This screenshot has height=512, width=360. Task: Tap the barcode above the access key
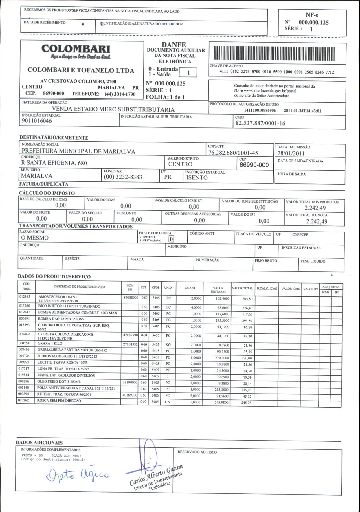(274, 54)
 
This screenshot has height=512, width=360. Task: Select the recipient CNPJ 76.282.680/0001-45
(233, 153)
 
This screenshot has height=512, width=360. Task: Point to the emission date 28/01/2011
(291, 153)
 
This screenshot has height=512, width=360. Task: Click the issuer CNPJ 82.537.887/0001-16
(260, 123)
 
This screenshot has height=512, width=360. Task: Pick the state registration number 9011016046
(37, 121)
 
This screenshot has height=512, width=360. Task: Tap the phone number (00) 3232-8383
(123, 177)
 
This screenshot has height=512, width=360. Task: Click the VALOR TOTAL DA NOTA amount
(317, 222)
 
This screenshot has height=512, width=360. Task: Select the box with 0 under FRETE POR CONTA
(171, 239)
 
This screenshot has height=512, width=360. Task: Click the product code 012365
(25, 297)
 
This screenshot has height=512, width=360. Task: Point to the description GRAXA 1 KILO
(50, 344)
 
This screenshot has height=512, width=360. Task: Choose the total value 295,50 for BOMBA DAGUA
(247, 321)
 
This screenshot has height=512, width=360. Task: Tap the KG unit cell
(168, 345)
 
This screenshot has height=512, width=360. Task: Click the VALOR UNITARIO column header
(218, 290)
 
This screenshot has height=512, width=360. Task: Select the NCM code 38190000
(130, 382)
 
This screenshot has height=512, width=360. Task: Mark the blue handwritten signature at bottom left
(78, 475)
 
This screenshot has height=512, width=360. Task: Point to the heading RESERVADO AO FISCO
(197, 452)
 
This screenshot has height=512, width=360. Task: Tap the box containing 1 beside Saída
(188, 73)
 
